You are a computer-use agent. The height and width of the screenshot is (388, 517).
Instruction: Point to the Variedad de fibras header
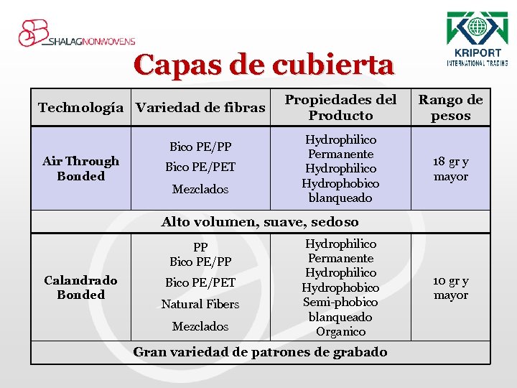click(x=200, y=108)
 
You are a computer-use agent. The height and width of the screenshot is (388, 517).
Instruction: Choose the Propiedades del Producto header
click(x=340, y=108)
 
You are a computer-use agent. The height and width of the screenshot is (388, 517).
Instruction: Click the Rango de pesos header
click(x=451, y=108)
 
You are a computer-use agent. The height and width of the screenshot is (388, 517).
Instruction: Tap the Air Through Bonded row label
click(x=80, y=169)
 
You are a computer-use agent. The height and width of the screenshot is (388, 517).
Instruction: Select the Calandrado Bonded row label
click(x=80, y=287)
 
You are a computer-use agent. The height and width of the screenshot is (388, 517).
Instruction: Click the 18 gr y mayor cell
click(x=451, y=169)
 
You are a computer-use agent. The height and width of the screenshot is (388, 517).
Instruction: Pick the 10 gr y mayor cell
click(x=451, y=287)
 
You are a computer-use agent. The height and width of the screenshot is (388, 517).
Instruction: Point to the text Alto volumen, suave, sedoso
click(x=260, y=222)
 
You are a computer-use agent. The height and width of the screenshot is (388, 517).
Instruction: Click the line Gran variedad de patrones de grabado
click(x=260, y=352)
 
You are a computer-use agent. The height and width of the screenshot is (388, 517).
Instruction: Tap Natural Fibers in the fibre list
click(x=200, y=304)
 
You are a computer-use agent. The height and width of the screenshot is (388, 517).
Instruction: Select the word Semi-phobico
click(x=340, y=302)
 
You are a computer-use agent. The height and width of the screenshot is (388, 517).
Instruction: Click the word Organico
click(x=340, y=331)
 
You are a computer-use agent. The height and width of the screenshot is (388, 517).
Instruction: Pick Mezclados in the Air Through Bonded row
click(x=200, y=189)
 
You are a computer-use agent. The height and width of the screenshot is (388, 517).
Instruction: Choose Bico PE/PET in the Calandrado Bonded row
click(x=200, y=282)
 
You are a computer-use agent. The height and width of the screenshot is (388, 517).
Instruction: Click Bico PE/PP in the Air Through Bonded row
click(x=200, y=147)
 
